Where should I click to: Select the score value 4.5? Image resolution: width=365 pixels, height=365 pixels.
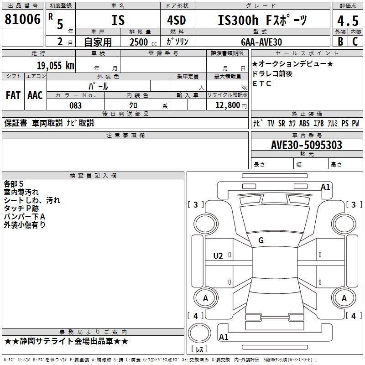point(347,21)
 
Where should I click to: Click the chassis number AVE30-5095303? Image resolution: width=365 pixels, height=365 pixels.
point(307,145)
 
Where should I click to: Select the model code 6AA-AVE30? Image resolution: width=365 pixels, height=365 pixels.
point(261,42)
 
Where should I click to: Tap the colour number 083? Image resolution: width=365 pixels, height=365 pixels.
point(75,105)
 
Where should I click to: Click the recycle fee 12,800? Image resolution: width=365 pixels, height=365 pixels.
point(227,105)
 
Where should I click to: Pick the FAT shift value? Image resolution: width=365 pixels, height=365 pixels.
point(13,95)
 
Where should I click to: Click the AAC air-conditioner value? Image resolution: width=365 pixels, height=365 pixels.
point(35,95)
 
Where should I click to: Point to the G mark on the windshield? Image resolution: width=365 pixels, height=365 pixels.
point(261,240)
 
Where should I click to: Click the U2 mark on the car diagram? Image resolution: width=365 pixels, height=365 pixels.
point(218,256)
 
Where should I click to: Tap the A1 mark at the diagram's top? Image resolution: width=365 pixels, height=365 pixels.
point(325,187)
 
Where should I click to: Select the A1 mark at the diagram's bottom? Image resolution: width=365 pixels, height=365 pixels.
point(224,337)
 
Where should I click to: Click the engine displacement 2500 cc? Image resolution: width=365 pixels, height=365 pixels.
point(139,42)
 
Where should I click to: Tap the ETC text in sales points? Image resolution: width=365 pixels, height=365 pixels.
point(262,83)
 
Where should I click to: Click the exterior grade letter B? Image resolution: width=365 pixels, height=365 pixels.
point(340,42)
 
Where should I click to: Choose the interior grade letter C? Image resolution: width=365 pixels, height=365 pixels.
point(355,42)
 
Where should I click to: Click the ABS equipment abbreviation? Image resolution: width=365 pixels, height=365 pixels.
point(304,123)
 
